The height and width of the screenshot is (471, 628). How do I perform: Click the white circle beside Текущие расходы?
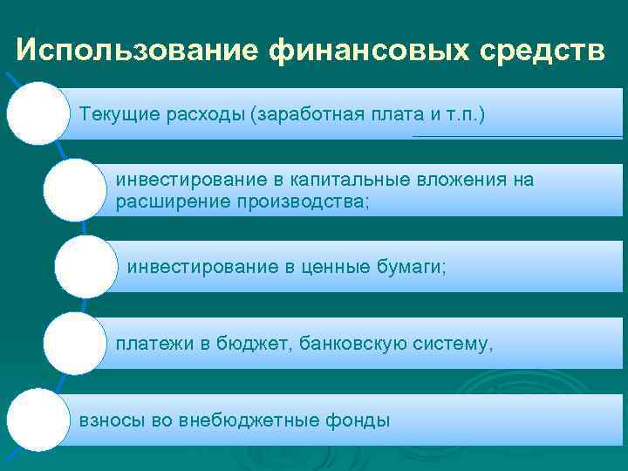(x=38, y=112)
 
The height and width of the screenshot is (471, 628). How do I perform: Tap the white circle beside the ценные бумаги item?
(x=85, y=266)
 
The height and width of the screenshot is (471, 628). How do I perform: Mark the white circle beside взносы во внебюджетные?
(x=38, y=420)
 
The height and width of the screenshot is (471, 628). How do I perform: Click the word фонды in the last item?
(x=359, y=420)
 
